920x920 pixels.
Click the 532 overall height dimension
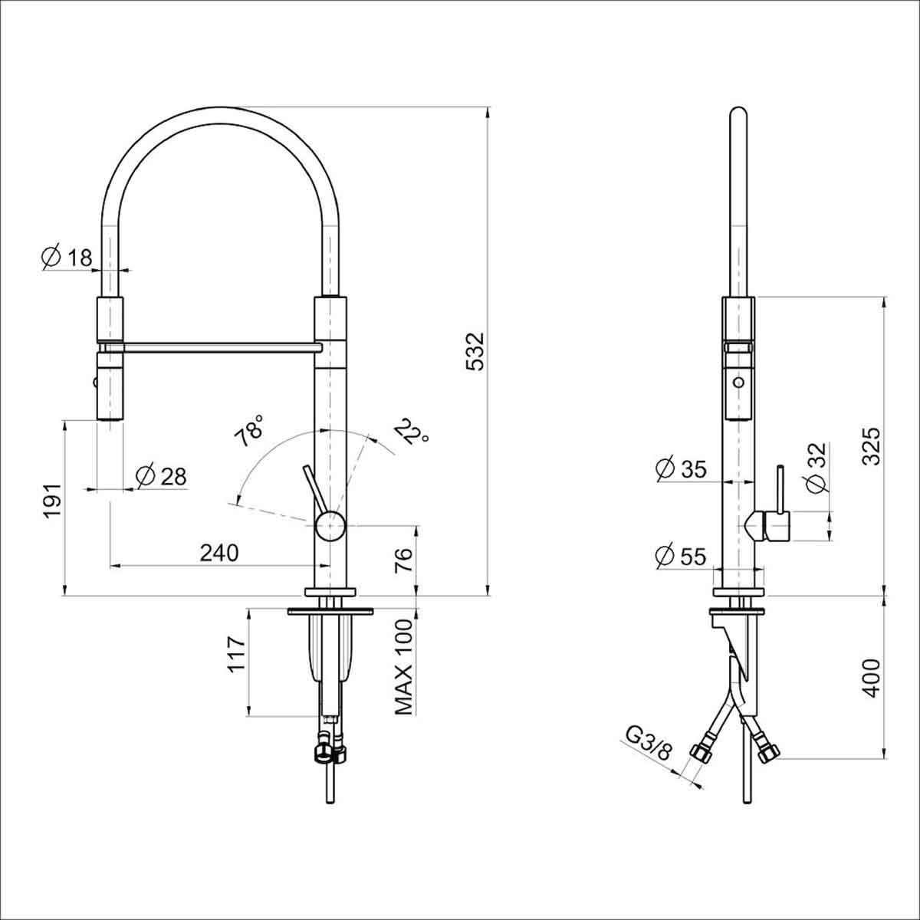point(476,352)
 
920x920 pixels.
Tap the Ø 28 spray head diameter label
point(160,476)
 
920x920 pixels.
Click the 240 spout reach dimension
point(219,553)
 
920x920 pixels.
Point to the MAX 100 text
point(404,667)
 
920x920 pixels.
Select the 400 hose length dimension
point(872,678)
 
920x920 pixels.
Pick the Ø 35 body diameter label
point(682,468)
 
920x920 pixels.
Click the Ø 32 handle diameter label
point(816,468)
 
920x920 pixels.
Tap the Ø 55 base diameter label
point(682,556)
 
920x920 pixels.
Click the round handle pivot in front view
point(330,527)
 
